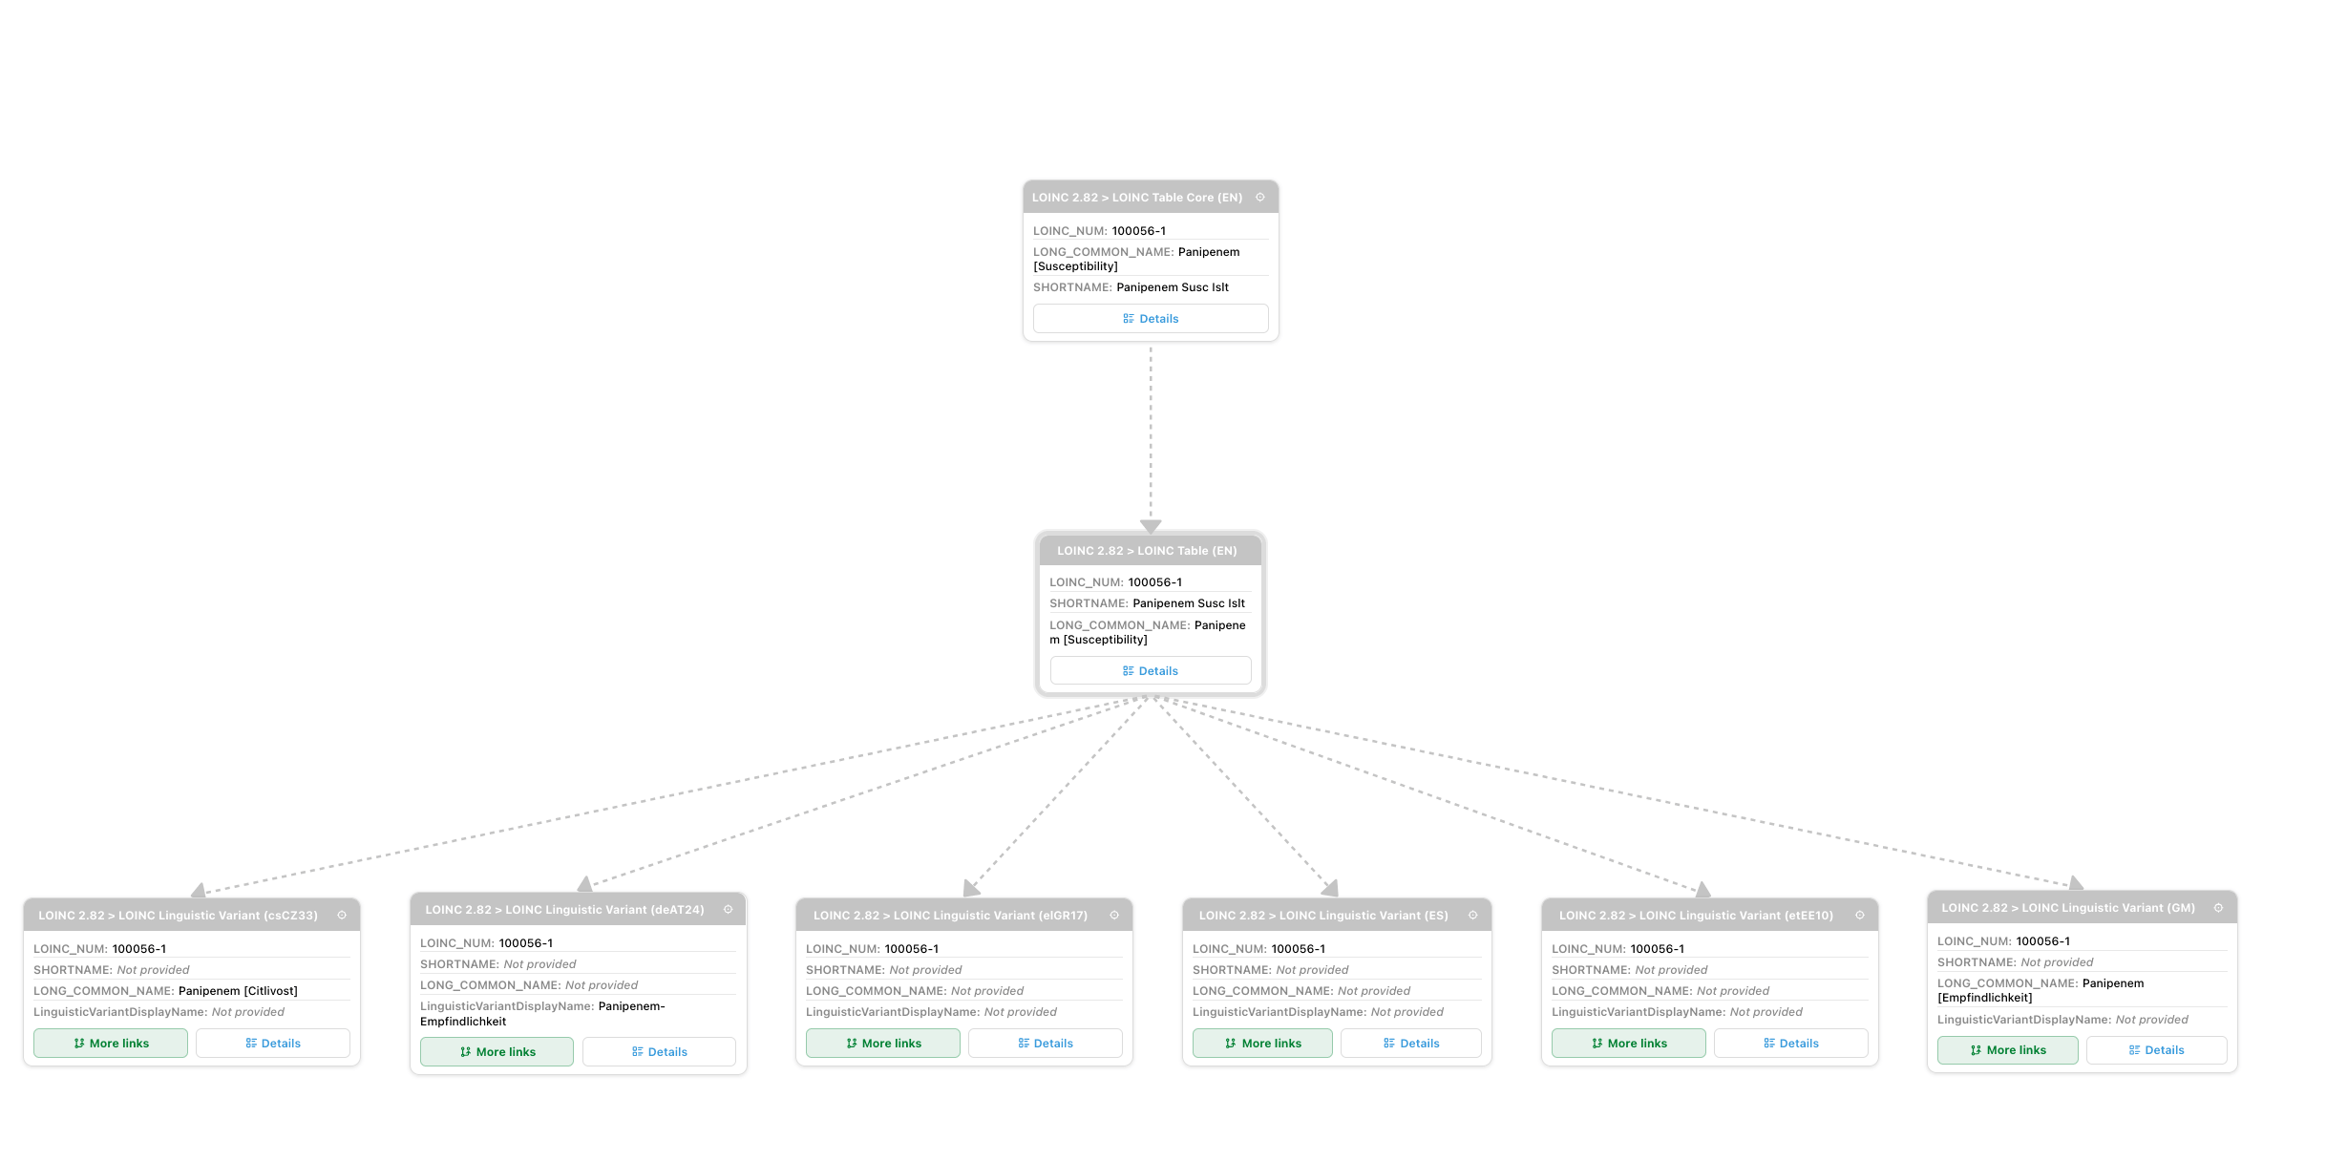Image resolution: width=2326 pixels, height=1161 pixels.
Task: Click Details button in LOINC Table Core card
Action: click(x=1151, y=319)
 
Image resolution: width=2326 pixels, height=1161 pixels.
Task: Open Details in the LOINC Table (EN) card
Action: click(x=1151, y=671)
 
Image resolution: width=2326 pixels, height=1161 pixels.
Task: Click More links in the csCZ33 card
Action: click(x=111, y=1044)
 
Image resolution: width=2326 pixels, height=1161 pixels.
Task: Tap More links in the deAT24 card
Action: click(x=497, y=1052)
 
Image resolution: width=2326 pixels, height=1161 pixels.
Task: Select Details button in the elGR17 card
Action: click(x=1046, y=1044)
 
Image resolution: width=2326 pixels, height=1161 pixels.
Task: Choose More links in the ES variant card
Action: click(x=1262, y=1044)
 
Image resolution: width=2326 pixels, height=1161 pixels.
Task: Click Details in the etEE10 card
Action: click(x=1791, y=1044)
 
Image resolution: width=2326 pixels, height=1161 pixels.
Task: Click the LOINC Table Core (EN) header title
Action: click(x=1137, y=198)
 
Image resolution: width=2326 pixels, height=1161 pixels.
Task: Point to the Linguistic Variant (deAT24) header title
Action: click(x=564, y=910)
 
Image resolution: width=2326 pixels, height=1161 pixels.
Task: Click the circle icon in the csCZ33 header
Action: click(x=342, y=915)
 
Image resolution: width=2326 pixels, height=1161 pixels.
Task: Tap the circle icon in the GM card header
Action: click(x=2218, y=908)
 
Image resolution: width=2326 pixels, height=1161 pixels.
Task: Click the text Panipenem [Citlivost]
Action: click(x=238, y=991)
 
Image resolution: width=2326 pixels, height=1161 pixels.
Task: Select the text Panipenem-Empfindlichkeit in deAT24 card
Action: click(x=542, y=1014)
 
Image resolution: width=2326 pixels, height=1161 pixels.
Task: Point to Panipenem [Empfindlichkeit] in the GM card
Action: click(x=2041, y=990)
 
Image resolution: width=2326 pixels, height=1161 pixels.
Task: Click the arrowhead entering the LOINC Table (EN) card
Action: click(x=1151, y=527)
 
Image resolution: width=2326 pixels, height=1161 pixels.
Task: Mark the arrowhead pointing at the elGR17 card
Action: click(x=971, y=889)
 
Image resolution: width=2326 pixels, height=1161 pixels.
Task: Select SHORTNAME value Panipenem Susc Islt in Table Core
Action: click(x=1173, y=287)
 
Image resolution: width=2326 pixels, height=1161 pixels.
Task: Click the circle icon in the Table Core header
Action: click(x=1260, y=198)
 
